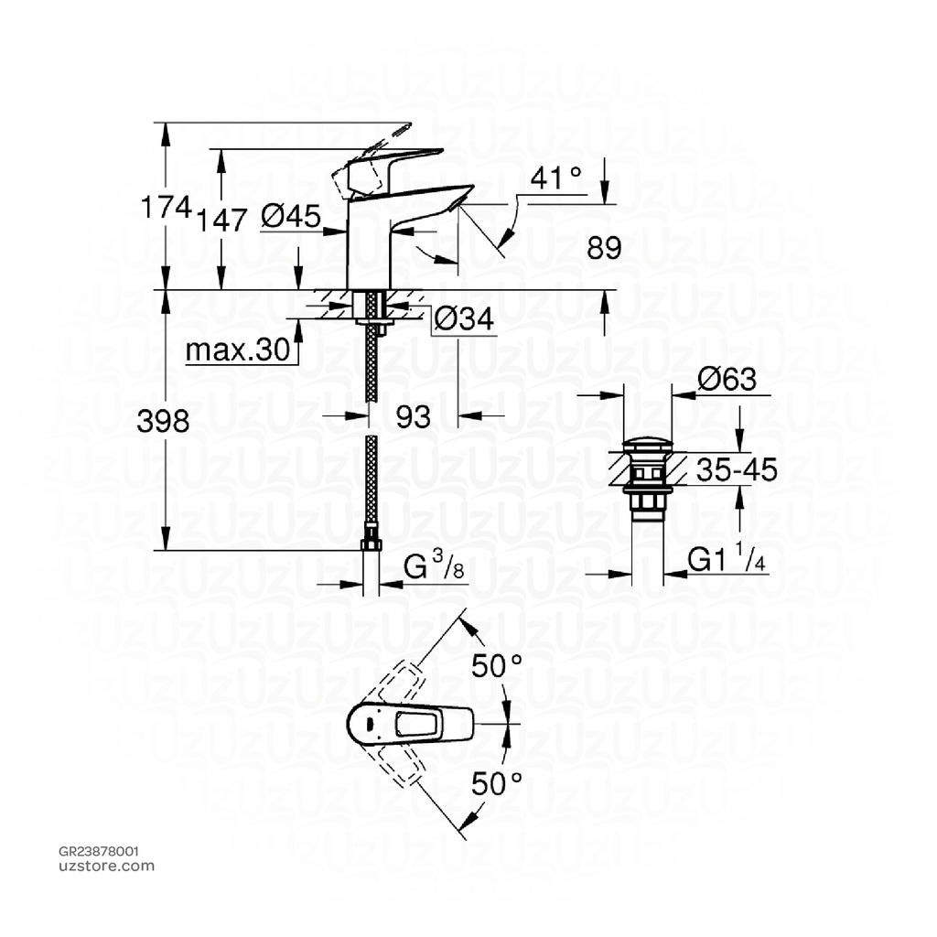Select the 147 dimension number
[221, 220]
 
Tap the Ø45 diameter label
[290, 216]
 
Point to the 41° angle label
[556, 178]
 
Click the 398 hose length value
[163, 421]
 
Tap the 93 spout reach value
[413, 417]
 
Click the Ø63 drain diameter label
[727, 379]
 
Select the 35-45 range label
[736, 470]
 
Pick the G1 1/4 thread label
[726, 561]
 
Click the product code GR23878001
[99, 851]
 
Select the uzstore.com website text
[106, 866]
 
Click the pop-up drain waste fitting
[649, 479]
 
